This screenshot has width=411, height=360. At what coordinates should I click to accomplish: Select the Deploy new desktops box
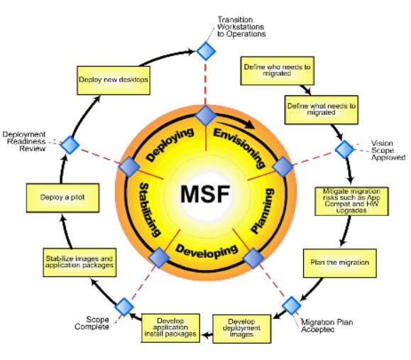[113, 80]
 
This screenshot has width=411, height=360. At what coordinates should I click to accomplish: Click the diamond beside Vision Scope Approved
[344, 150]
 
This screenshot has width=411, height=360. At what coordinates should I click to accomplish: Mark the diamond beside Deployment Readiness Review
[70, 144]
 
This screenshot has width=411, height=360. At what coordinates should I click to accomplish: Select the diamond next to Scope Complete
[124, 307]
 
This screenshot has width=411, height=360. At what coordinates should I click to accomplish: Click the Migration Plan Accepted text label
[328, 327]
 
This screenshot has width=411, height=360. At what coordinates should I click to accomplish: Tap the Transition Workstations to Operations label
[242, 24]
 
